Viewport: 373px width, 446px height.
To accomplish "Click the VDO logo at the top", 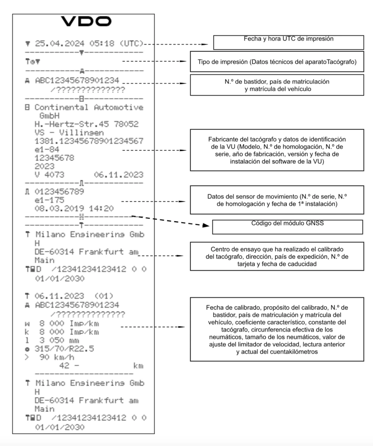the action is coord(86,21).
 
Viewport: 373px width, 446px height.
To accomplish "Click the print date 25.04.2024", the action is coord(60,44).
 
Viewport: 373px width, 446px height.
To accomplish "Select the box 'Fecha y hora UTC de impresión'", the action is coord(288,43).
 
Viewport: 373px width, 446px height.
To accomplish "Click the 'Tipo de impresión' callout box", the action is coord(277,61).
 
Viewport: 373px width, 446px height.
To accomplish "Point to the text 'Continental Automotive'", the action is coord(89,108).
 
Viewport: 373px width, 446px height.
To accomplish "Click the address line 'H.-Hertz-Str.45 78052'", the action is coord(86,124).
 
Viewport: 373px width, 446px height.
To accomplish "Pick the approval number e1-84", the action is coord(47,150).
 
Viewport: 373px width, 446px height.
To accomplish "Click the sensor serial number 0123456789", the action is coord(59,192).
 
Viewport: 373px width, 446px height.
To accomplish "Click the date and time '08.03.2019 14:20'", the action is coord(74,209).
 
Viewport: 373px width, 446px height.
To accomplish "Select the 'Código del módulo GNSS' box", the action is coord(287,227).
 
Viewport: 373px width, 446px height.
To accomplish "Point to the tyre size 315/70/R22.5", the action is coord(64,349).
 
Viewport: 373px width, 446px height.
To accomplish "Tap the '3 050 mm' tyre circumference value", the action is coord(59,341).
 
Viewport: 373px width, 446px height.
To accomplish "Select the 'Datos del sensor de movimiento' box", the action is coord(277,200).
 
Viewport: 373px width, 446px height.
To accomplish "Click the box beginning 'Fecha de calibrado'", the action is coord(277,329).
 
